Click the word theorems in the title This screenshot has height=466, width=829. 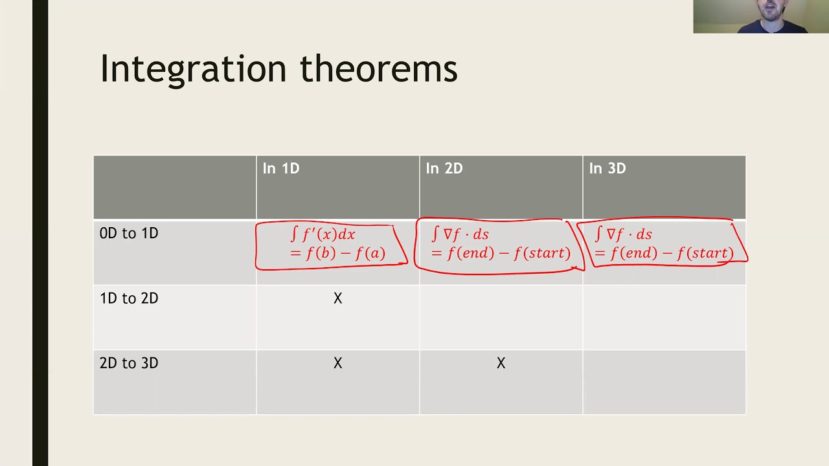click(x=379, y=69)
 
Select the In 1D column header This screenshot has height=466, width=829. click(x=281, y=169)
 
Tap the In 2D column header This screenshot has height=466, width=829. click(x=444, y=169)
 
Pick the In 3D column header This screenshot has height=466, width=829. click(x=608, y=169)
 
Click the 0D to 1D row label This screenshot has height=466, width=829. click(x=129, y=234)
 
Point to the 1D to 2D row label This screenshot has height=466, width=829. click(x=129, y=298)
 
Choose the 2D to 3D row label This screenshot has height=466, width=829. click(x=129, y=363)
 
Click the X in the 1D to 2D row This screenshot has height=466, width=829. click(x=337, y=298)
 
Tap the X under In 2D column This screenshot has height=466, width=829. click(x=501, y=364)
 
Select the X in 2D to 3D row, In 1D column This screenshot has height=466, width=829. click(x=337, y=364)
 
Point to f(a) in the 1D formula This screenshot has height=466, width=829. click(x=371, y=253)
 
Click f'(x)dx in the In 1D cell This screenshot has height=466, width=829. click(x=329, y=234)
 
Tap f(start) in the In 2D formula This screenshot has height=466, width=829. click(x=543, y=253)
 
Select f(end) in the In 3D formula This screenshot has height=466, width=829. click(x=631, y=253)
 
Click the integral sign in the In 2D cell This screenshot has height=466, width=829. click(x=436, y=234)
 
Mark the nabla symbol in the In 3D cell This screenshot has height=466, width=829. click(x=611, y=234)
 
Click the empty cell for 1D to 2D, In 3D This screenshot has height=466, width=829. click(x=664, y=317)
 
